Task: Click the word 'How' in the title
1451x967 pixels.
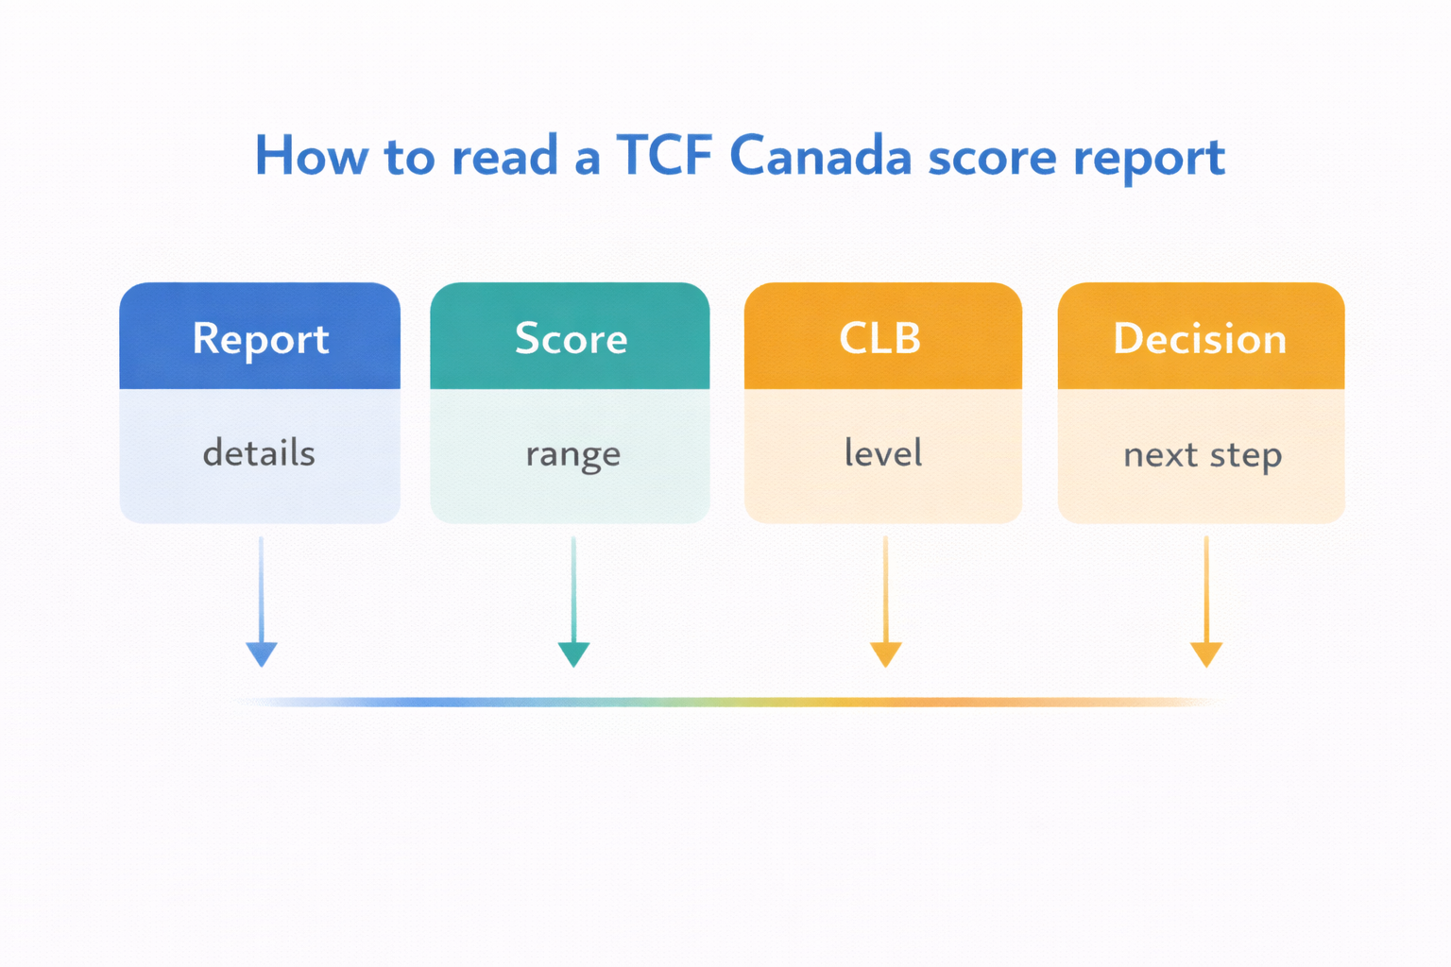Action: [x=310, y=157]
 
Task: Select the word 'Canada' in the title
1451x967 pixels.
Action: [x=820, y=157]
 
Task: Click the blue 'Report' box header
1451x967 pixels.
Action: [x=260, y=338]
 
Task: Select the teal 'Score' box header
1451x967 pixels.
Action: [x=571, y=338]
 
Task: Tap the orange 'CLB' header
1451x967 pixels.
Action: [x=880, y=338]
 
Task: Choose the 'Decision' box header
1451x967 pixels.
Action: [x=1200, y=338]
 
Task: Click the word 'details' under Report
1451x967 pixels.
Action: [x=259, y=453]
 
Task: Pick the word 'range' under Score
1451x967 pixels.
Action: [x=572, y=455]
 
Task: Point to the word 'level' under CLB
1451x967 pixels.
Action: [x=882, y=453]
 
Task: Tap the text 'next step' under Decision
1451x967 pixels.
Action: [x=1202, y=455]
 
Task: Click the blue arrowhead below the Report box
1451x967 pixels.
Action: [x=262, y=653]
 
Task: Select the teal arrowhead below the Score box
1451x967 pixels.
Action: [x=573, y=653]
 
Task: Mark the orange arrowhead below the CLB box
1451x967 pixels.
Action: [x=885, y=653]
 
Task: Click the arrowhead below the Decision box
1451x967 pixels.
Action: [x=1206, y=653]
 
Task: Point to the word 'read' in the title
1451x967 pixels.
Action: [x=504, y=157]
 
